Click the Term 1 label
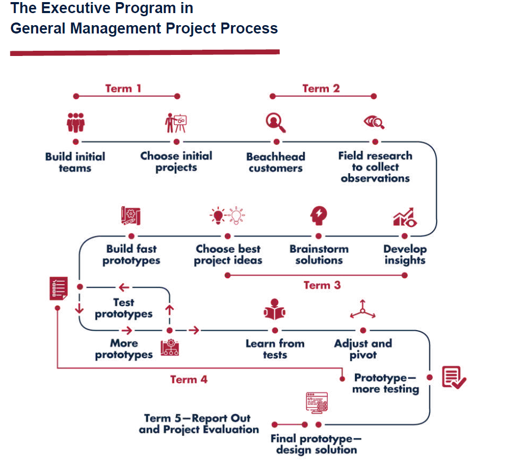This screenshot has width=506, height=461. pos(123,88)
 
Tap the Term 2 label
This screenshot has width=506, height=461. pos(320,88)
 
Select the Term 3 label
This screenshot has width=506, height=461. pos(322,285)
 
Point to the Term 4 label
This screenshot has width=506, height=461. pos(189,379)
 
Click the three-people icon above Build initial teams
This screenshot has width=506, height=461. pos(76,122)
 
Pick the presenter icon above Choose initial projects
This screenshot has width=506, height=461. pos(176,122)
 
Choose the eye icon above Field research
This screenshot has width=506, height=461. pos(374,122)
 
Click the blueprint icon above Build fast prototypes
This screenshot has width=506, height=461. pos(131,216)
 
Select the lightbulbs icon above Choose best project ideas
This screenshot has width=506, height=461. pos(227,216)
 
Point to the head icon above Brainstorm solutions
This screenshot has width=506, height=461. pos(318,215)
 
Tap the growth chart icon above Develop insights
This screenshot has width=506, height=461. pos(405,216)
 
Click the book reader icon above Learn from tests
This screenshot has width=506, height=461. pos(274,311)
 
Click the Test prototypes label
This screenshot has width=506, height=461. pos(124,308)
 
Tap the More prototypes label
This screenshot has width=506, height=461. pos(124,349)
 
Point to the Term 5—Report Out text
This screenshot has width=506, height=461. pos(198,418)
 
